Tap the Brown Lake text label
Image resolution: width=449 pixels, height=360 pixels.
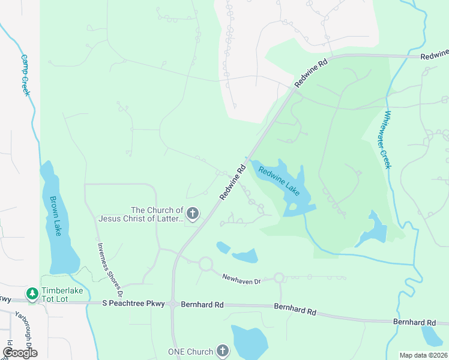click(x=56, y=217)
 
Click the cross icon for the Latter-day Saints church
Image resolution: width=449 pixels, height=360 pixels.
click(x=193, y=213)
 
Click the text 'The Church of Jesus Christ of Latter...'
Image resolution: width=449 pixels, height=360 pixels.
click(x=157, y=214)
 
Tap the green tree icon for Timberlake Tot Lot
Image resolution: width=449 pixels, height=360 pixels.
click(x=31, y=293)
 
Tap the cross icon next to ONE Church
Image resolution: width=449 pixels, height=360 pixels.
click(x=222, y=351)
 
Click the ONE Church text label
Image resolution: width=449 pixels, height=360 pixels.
click(x=190, y=352)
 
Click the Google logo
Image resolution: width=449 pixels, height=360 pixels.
click(x=20, y=353)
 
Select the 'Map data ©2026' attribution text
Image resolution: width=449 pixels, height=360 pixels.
click(x=423, y=355)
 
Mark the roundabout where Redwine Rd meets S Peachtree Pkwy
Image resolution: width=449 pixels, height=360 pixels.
click(x=173, y=304)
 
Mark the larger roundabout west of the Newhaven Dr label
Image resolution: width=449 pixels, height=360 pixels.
click(x=206, y=263)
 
